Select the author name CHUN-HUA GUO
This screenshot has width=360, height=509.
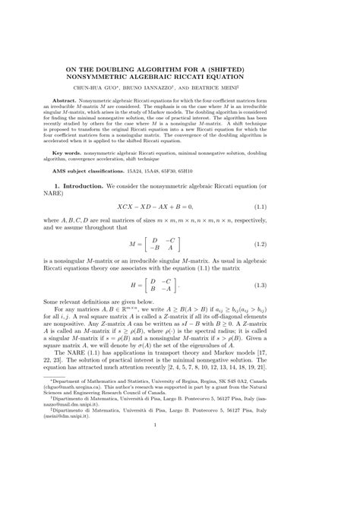(122, 87)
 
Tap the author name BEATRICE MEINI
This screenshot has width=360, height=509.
(248, 87)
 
